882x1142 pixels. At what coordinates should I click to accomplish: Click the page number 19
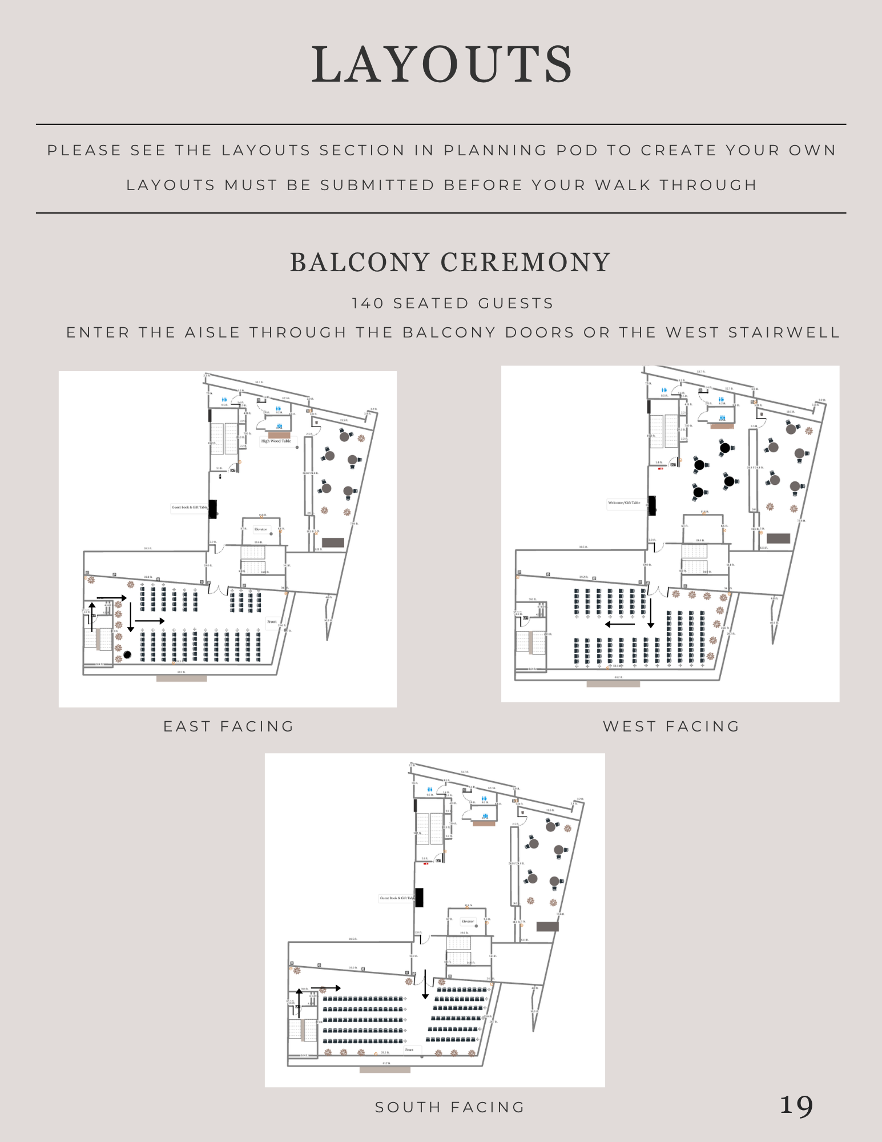(796, 1105)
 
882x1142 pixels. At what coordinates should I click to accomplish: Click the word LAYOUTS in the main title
(442, 65)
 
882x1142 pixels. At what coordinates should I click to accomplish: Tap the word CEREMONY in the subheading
(525, 263)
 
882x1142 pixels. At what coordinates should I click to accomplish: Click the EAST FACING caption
(228, 726)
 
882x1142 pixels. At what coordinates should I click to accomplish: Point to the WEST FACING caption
(671, 726)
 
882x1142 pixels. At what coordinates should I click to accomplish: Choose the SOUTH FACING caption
(450, 1107)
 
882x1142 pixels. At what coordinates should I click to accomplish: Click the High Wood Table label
(276, 441)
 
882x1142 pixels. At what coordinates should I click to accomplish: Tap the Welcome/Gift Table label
(624, 502)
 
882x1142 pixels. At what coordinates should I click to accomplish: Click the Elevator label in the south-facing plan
(468, 921)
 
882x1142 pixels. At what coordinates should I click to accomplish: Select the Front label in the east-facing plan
(272, 622)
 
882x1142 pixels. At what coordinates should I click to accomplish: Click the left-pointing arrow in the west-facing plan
(619, 624)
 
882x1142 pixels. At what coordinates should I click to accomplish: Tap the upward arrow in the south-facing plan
(299, 1003)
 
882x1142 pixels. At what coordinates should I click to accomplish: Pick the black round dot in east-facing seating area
(127, 655)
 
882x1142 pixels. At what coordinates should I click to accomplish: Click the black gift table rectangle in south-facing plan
(419, 898)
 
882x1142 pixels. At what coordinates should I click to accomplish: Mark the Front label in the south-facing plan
(409, 1050)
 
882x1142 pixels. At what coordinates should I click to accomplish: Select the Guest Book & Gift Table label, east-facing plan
(190, 507)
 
